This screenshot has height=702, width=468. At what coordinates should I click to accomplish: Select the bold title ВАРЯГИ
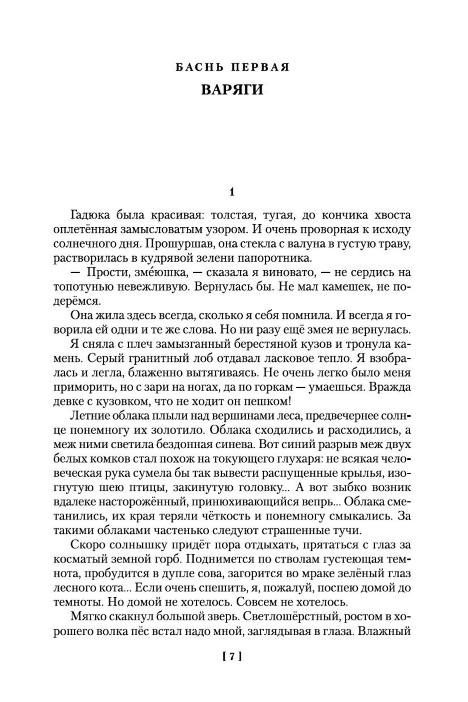232,90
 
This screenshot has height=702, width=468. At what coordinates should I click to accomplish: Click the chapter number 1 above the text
232,192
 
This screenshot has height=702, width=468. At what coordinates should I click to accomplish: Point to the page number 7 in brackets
232,656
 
